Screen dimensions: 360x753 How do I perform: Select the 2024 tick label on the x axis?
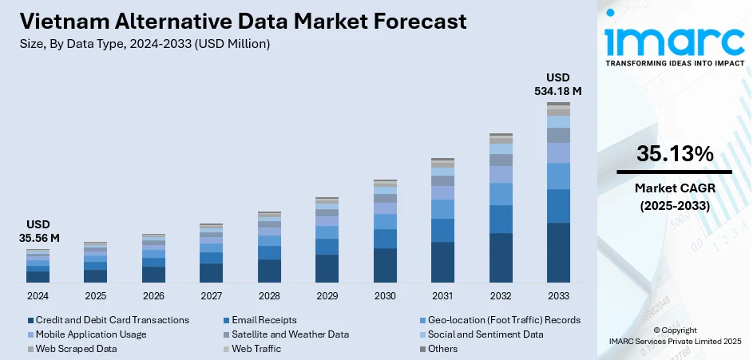38,295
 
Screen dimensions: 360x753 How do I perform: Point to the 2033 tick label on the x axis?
558,295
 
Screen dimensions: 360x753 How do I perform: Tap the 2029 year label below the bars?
327,295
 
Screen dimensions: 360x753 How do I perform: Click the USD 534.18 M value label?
558,85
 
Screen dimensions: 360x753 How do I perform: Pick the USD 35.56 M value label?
38,231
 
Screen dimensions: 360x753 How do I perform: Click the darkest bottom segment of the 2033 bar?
558,252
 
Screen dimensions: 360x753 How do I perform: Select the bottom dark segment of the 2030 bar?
385,265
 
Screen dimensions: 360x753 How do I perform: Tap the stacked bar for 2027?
211,253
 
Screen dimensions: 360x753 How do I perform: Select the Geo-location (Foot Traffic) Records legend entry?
502,320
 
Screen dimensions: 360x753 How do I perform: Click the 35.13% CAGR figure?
675,155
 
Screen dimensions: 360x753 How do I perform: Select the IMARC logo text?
675,40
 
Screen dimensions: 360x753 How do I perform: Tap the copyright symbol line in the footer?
675,330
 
